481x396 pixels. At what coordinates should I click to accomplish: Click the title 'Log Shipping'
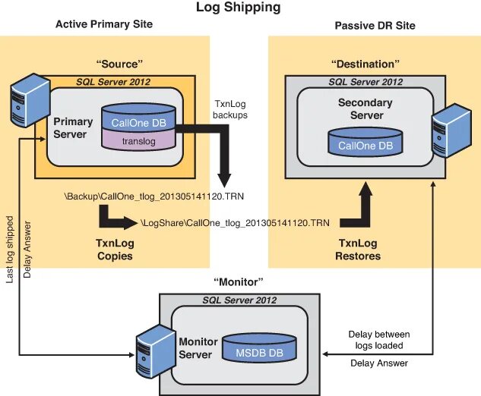tap(238, 8)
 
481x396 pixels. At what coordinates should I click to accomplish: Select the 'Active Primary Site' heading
tap(104, 24)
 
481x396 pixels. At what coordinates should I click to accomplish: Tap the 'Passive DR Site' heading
tap(375, 26)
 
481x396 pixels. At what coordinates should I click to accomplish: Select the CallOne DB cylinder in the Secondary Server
tap(365, 143)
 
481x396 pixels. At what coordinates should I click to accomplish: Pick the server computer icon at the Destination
tap(449, 128)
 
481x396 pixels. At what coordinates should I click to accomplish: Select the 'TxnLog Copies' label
tap(115, 250)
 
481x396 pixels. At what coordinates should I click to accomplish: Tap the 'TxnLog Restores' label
tap(358, 250)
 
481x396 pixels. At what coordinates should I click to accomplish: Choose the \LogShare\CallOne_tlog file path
tap(235, 223)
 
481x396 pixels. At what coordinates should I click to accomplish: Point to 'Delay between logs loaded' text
tap(378, 340)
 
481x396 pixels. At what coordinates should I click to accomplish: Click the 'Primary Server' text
tap(73, 127)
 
